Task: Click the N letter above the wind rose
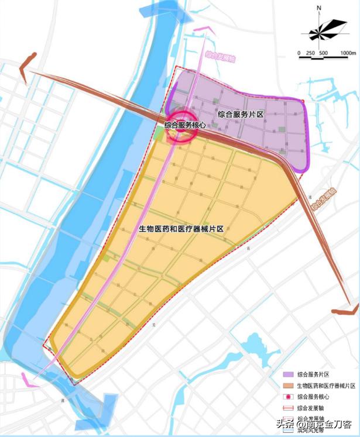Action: tap(320, 9)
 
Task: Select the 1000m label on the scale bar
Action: tap(347, 53)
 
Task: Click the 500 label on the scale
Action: tap(323, 53)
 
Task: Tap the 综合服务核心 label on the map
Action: tap(184, 125)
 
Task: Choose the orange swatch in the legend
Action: tap(287, 386)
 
